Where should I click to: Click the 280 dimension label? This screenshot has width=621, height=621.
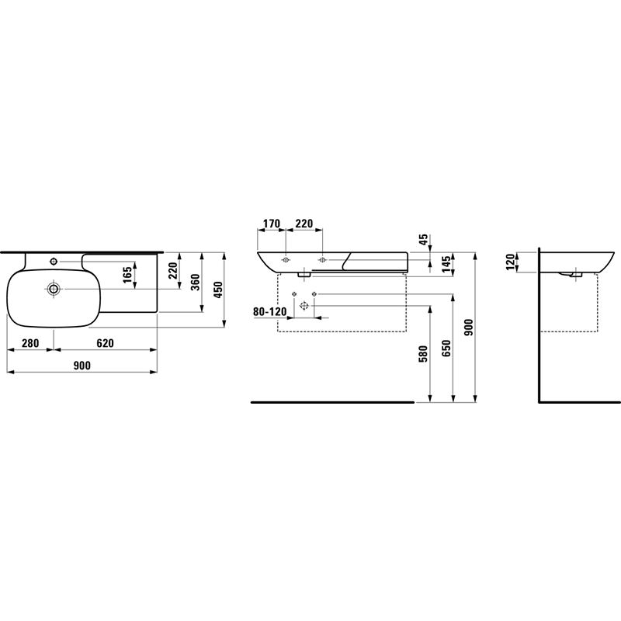(30, 343)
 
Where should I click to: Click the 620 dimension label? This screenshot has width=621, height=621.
(105, 343)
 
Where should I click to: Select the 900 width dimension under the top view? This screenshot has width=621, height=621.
(82, 366)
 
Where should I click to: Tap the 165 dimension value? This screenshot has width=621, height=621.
(127, 275)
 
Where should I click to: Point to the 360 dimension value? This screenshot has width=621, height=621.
(196, 282)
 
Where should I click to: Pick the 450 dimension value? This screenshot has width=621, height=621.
(218, 290)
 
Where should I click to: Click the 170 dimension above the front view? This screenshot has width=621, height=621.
(272, 224)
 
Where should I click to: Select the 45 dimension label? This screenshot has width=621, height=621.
(423, 240)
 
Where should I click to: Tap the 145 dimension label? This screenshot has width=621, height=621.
(446, 264)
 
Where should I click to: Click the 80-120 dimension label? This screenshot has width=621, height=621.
(269, 312)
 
